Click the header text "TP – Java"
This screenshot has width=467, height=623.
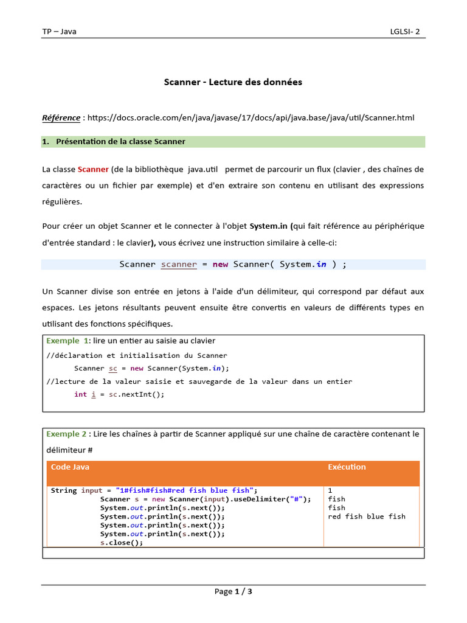[59, 32]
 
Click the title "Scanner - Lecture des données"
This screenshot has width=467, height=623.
[233, 82]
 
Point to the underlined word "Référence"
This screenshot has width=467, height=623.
[61, 117]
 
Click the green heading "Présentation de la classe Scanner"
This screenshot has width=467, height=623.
[120, 142]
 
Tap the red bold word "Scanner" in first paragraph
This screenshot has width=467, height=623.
[93, 169]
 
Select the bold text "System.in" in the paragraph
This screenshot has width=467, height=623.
[268, 226]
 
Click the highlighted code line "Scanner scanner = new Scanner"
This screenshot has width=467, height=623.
[233, 264]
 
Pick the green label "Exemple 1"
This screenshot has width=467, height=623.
[67, 341]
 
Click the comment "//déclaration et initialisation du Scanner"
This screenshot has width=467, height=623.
[137, 355]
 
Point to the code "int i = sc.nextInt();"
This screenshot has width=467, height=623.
[119, 394]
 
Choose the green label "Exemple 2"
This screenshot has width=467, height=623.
[66, 434]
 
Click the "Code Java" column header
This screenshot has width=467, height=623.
[70, 467]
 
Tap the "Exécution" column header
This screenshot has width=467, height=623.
[347, 467]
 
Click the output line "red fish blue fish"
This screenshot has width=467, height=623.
[367, 517]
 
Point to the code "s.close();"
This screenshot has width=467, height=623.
[122, 543]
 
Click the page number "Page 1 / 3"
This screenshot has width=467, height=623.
[233, 591]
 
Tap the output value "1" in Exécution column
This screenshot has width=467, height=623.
[330, 490]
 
